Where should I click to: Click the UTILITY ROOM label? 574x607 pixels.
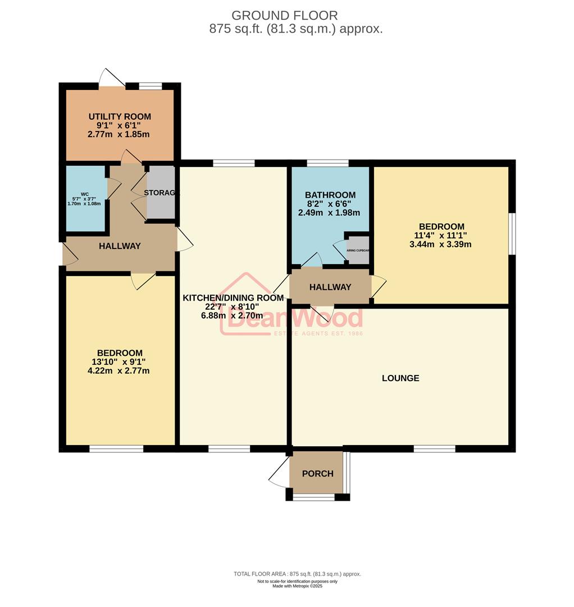coord(120,116)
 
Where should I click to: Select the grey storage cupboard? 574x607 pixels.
coord(161,193)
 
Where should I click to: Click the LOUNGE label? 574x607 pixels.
coord(400,378)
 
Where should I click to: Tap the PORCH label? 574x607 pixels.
coord(317,473)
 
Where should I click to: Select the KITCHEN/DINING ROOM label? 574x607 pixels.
coord(233,297)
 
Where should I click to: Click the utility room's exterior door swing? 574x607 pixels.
coord(110,78)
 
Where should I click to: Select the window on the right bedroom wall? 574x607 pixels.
coord(512,233)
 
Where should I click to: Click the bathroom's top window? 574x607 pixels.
coord(327,163)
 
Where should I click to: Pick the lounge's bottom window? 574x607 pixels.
coord(434,449)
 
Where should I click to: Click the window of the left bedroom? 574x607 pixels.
coord(116,449)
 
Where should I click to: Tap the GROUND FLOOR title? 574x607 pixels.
coord(285,15)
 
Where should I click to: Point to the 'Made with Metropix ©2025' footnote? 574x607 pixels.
coord(297,586)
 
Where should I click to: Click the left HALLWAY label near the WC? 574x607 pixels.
coord(120,246)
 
